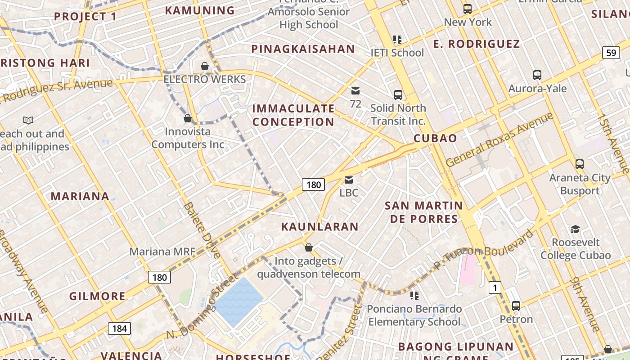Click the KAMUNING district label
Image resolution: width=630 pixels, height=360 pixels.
pyautogui.click(x=200, y=10)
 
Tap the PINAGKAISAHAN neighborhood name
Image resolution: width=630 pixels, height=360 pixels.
pyautogui.click(x=303, y=49)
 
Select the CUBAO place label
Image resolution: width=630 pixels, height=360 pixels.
pyautogui.click(x=435, y=138)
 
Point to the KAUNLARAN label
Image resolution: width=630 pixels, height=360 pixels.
pyautogui.click(x=319, y=226)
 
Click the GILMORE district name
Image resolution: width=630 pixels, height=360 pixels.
pyautogui.click(x=97, y=296)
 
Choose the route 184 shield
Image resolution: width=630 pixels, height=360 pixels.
pyautogui.click(x=119, y=328)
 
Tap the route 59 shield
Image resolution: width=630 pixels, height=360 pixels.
pyautogui.click(x=611, y=53)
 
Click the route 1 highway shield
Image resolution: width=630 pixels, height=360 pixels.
pyautogui.click(x=495, y=287)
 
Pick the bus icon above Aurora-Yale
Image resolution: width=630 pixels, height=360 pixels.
pyautogui.click(x=537, y=75)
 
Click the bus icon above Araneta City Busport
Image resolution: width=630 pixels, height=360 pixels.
pyautogui.click(x=580, y=164)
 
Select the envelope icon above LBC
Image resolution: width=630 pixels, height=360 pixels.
pyautogui.click(x=349, y=180)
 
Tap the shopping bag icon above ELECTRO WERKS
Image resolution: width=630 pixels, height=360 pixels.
pyautogui.click(x=205, y=67)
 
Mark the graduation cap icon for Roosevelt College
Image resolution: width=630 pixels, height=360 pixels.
pyautogui.click(x=575, y=229)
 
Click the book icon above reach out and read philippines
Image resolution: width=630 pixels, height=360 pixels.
pyautogui.click(x=28, y=120)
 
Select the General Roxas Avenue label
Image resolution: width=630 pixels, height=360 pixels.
pyautogui.click(x=499, y=140)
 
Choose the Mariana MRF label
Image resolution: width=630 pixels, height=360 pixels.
pyautogui.click(x=162, y=252)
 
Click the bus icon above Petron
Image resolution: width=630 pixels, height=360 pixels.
pyautogui.click(x=516, y=306)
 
